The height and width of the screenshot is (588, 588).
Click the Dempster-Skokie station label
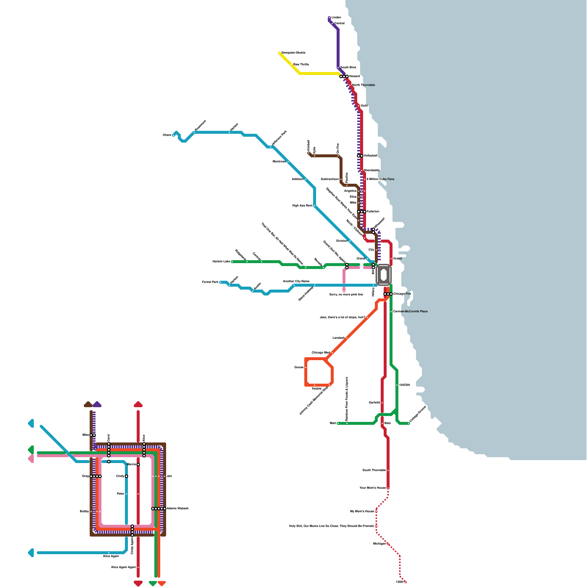(x=293, y=53)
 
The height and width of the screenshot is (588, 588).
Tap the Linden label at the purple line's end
(x=336, y=17)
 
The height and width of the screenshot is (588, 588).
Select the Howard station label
(x=354, y=76)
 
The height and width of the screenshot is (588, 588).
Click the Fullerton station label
(x=373, y=211)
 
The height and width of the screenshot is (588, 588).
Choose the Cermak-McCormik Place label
(x=410, y=311)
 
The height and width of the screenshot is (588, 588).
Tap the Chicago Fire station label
(x=402, y=294)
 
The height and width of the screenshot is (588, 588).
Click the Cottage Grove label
(x=417, y=413)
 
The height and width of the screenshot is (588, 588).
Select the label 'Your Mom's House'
(x=372, y=488)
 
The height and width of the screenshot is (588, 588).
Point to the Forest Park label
(x=210, y=282)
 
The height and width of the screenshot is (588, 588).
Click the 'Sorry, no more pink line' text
(x=346, y=294)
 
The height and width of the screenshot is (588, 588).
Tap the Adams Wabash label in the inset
(x=178, y=508)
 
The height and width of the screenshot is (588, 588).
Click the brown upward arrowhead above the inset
(x=88, y=405)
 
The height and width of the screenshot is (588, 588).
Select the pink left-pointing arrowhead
(x=31, y=459)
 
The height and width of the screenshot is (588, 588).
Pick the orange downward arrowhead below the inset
(x=162, y=583)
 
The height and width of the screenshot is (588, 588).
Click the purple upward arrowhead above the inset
(x=97, y=405)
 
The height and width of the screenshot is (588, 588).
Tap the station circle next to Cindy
(x=126, y=476)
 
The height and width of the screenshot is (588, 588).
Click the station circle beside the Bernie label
(x=138, y=465)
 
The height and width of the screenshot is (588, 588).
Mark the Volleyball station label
(x=370, y=155)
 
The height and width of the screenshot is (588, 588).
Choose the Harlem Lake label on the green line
(x=221, y=261)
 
